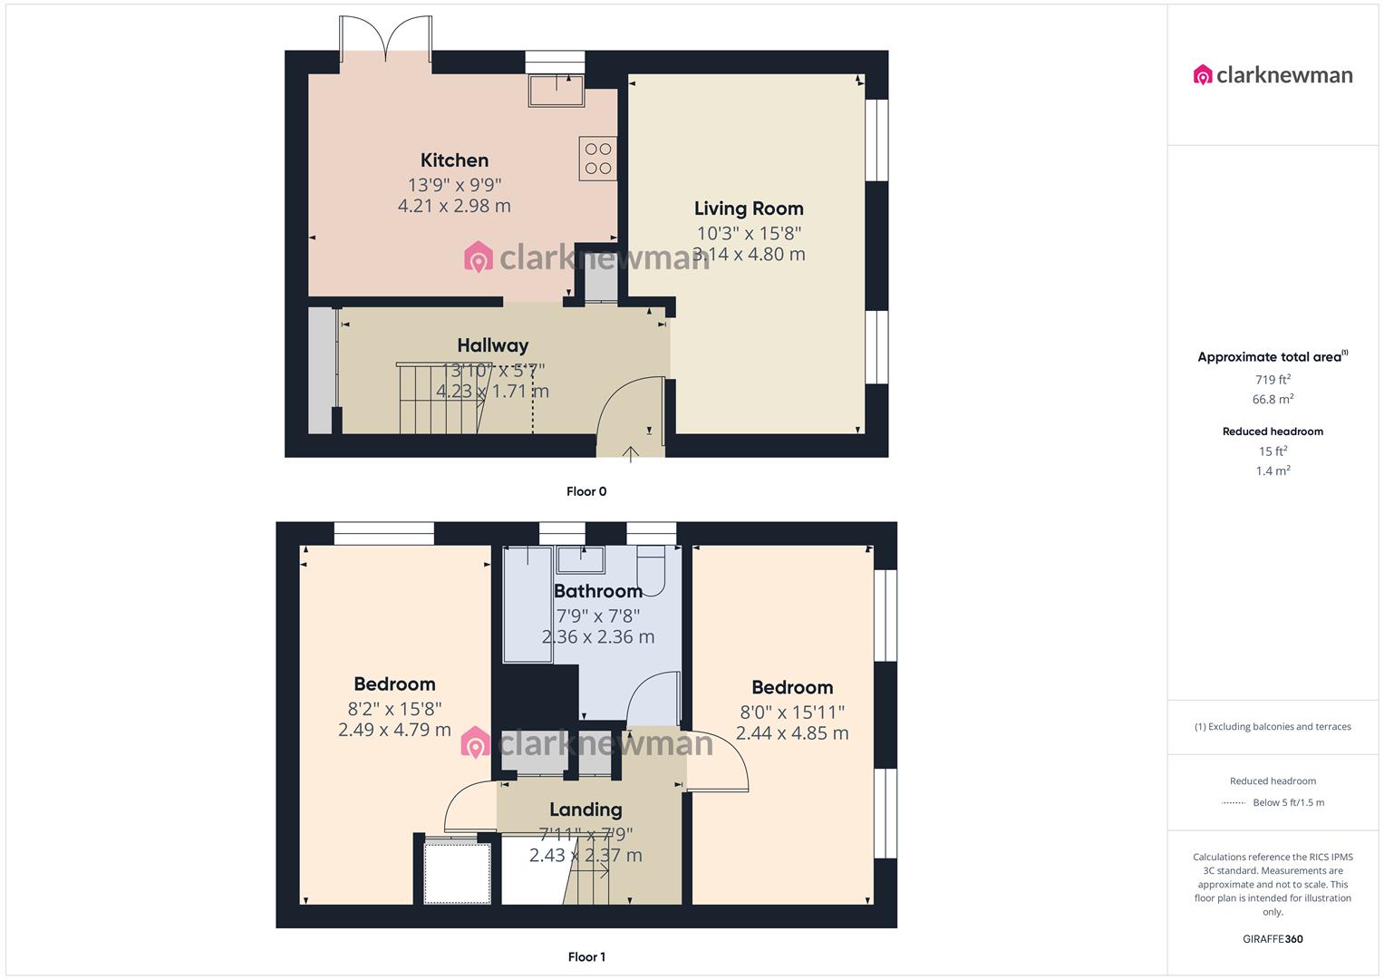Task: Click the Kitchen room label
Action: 454,160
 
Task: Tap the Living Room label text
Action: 749,208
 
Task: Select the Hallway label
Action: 492,345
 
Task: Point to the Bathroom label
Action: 597,591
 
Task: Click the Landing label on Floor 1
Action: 586,809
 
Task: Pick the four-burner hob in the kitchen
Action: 598,159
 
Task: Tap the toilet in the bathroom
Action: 652,568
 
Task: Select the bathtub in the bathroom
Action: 527,604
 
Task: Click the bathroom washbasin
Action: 581,560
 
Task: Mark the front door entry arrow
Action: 630,453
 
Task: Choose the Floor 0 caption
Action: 586,491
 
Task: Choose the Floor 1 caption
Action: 586,956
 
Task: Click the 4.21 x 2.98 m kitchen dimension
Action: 454,206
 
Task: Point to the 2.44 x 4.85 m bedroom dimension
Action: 792,733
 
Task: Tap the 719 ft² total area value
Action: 1273,380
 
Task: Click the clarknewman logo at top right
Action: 1273,75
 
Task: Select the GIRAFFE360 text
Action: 1273,939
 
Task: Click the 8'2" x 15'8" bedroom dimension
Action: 394,709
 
